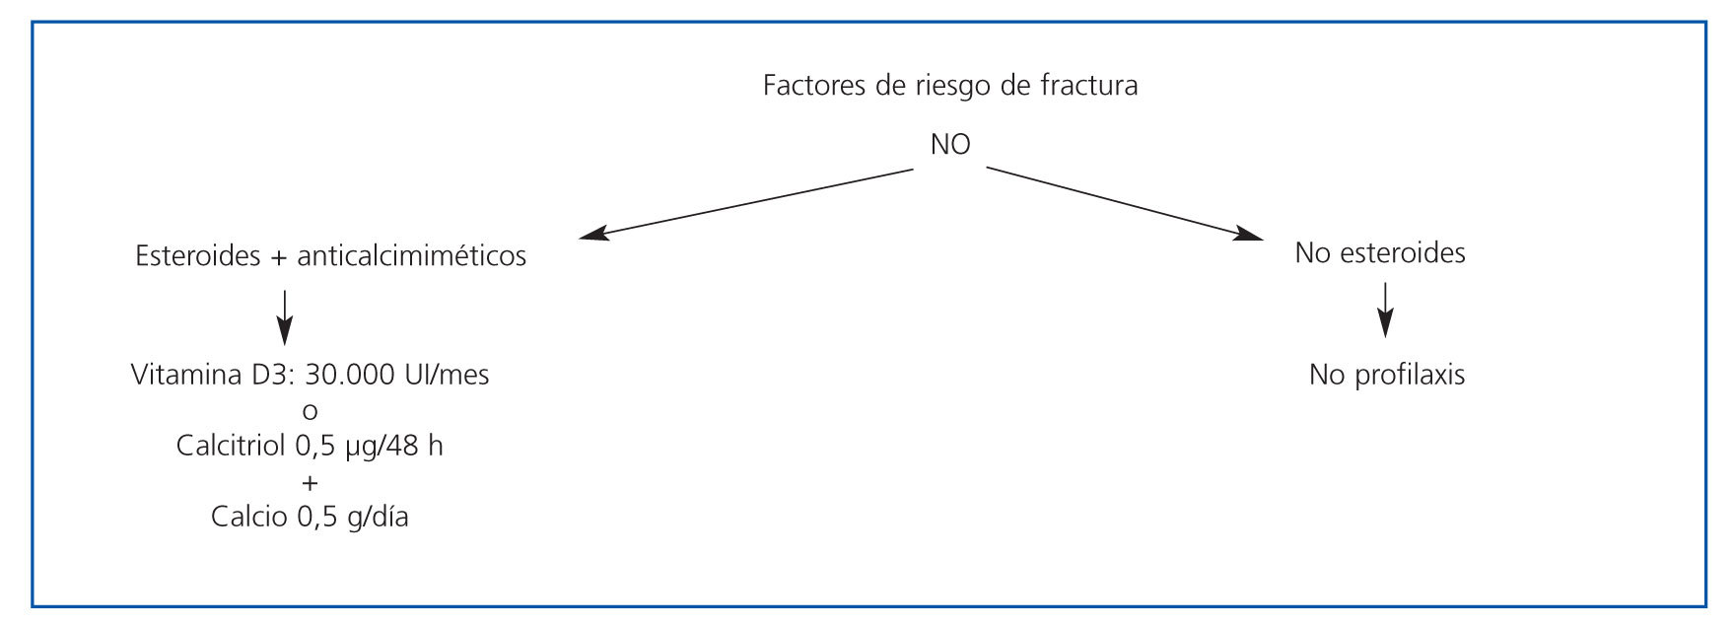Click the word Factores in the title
point(813,86)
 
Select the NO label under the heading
point(950,145)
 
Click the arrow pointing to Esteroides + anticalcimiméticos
point(745,203)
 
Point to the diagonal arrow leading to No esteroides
point(1124,202)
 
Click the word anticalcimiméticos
point(411,256)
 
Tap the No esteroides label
point(1379,253)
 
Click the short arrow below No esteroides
point(1385,310)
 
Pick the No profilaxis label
point(1386,376)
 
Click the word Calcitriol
point(231,447)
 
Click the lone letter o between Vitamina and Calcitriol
point(311,412)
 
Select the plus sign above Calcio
point(311,483)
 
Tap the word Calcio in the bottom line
point(249,518)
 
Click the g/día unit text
point(378,518)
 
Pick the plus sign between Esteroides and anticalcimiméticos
point(278,257)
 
